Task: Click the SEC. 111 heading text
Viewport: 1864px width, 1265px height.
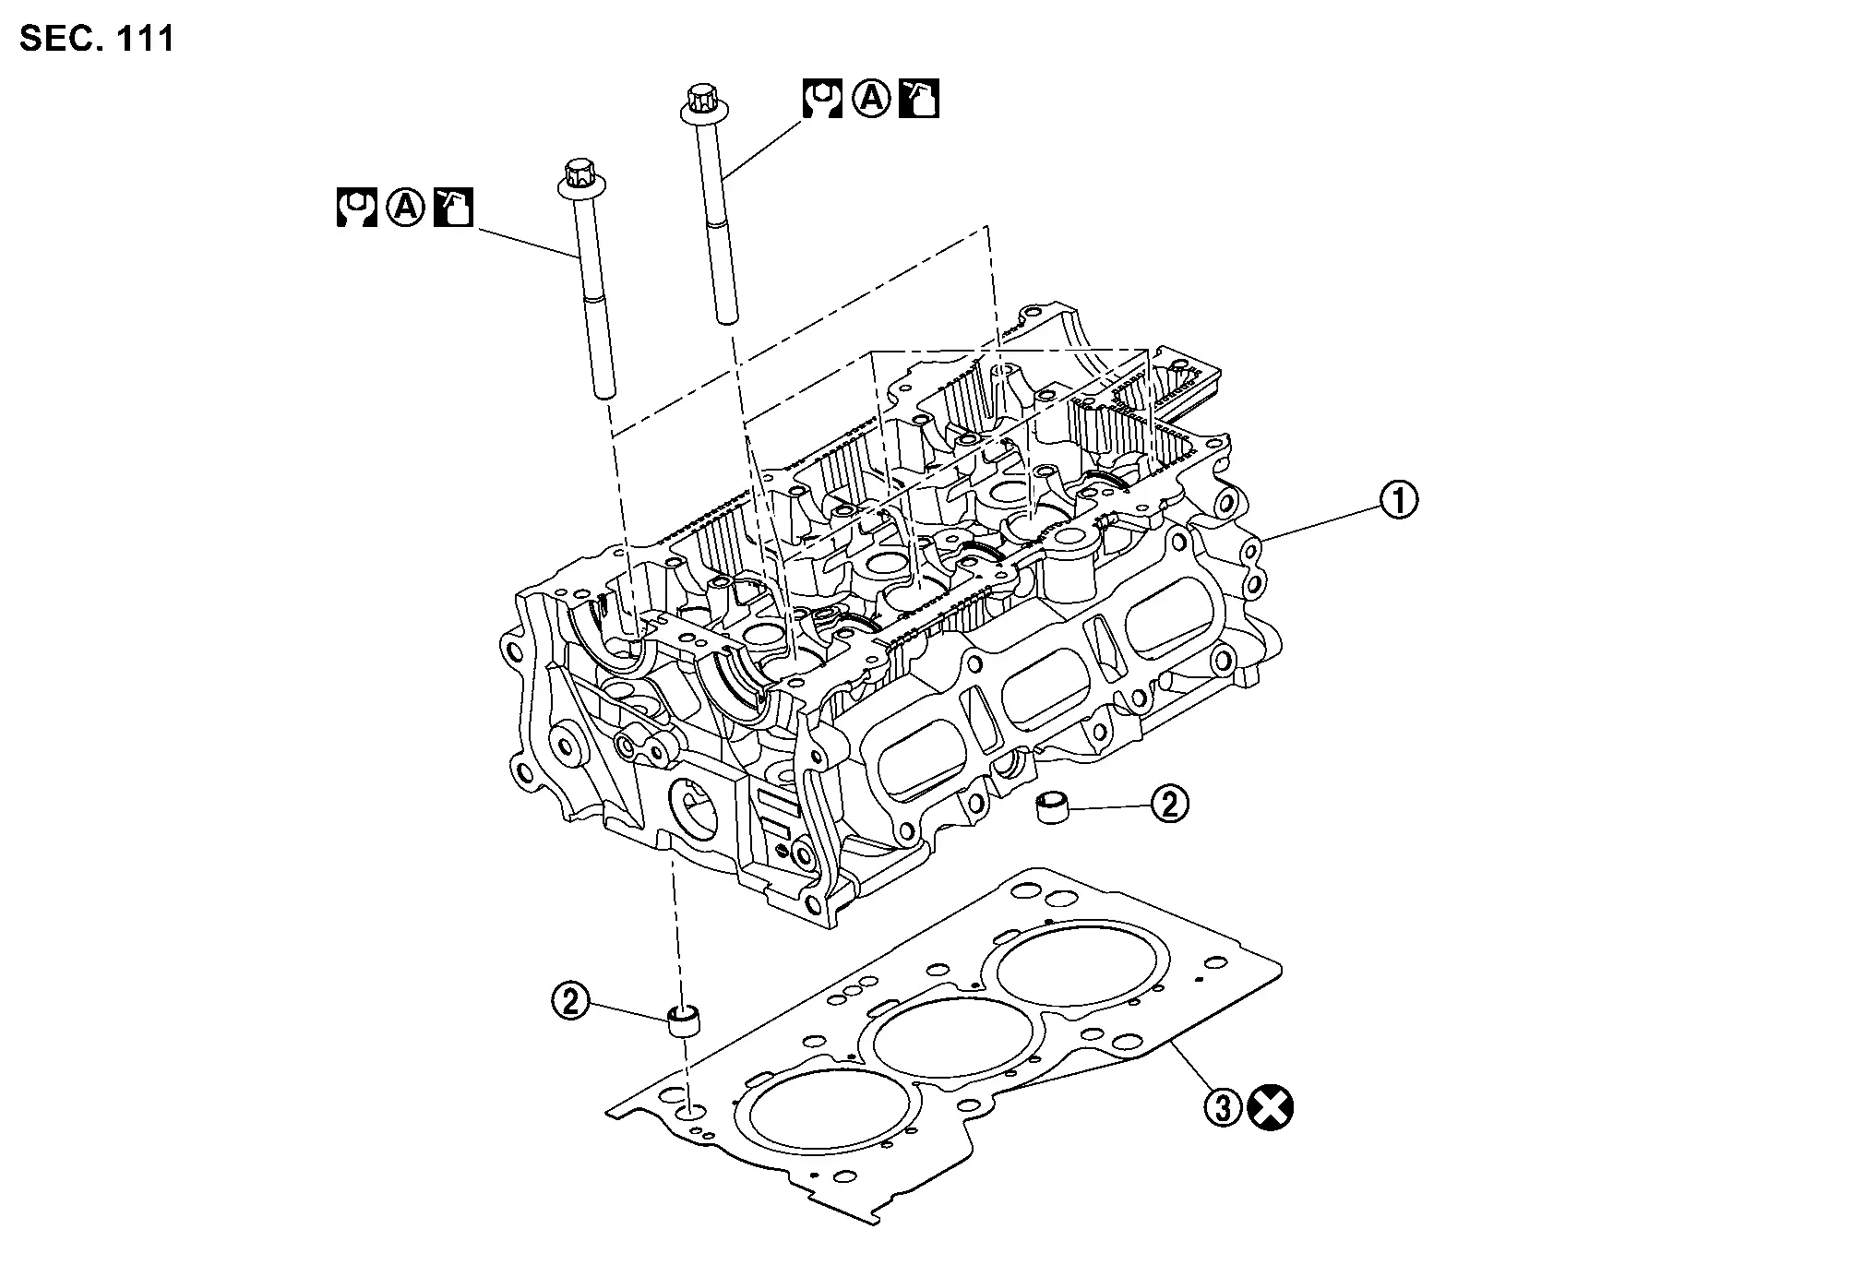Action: (x=96, y=39)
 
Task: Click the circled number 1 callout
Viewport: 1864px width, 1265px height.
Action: (x=1398, y=500)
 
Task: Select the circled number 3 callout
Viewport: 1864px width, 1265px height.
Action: (x=1224, y=1107)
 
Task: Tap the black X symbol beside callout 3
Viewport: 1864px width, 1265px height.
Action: (x=1270, y=1107)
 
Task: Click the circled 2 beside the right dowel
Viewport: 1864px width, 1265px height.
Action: (x=1169, y=805)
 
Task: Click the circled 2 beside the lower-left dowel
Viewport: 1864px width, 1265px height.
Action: (x=570, y=1000)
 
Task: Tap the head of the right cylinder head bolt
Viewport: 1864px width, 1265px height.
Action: (x=700, y=101)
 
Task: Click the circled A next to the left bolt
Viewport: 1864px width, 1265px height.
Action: (x=405, y=208)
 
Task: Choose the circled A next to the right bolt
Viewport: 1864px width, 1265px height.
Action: (x=870, y=99)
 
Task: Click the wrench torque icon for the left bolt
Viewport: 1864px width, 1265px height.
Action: (x=356, y=208)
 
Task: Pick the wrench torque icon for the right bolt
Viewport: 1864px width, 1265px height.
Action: (x=821, y=99)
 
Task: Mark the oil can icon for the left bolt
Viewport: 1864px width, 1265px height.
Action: (x=453, y=208)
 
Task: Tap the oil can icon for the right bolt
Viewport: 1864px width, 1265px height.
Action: (x=919, y=99)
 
